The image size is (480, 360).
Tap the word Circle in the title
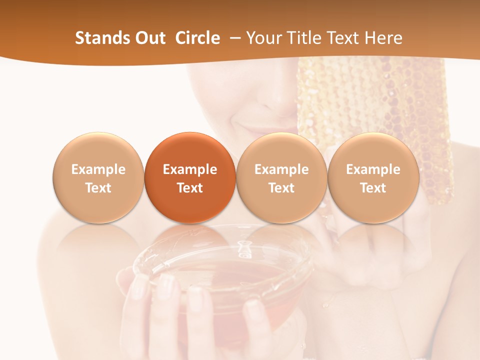point(197,38)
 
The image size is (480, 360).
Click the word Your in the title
point(263,38)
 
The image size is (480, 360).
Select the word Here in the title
point(383,38)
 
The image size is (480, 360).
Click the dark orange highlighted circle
point(190,178)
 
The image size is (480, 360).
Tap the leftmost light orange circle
point(98,178)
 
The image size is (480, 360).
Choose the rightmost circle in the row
point(373,178)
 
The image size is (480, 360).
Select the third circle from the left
point(281,178)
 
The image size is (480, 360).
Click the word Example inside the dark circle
point(190,169)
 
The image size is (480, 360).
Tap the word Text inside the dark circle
point(190,188)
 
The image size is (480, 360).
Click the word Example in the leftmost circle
point(98,169)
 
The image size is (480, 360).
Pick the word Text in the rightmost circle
point(373,188)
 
